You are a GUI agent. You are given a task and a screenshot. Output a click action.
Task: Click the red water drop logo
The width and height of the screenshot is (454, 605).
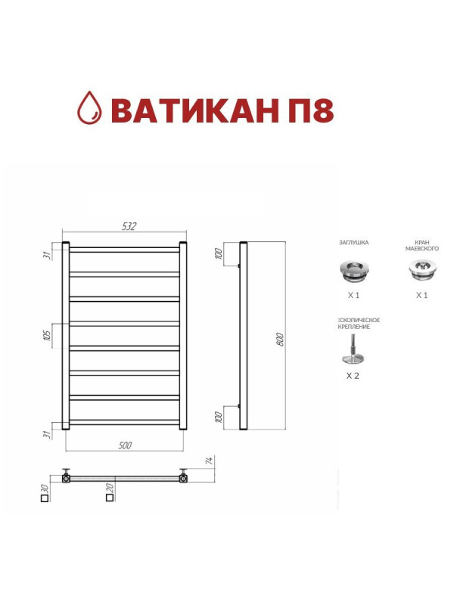(91, 109)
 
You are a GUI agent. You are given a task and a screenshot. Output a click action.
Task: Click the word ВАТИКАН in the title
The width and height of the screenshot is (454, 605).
(192, 110)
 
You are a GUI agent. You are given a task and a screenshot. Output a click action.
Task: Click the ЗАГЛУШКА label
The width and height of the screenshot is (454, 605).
(353, 243)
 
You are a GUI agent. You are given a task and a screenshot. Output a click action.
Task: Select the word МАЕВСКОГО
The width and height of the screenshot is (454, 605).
(422, 249)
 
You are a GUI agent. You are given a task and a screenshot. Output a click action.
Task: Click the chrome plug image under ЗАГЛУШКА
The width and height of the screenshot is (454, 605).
(353, 268)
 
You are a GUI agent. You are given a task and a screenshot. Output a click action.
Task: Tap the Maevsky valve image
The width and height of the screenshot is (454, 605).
(421, 269)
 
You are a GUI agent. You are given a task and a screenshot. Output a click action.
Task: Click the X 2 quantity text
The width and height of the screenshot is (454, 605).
(353, 375)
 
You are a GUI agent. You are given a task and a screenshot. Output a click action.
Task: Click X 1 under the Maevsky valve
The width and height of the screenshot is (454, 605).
(421, 295)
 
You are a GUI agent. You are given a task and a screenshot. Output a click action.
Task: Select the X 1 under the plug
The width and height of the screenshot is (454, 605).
(353, 295)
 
